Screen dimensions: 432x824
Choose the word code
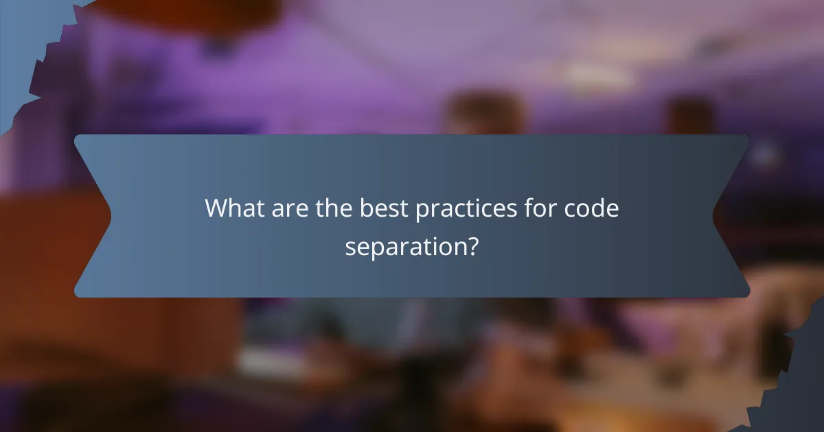593,208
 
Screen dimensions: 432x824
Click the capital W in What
218,208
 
